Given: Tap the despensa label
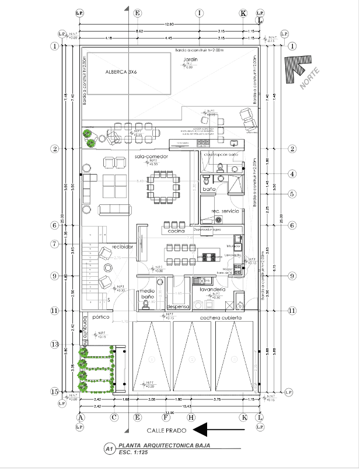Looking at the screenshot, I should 178,307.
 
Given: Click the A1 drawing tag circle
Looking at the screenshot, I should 108,448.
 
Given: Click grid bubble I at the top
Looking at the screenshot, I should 199,12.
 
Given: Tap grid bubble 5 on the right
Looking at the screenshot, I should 292,194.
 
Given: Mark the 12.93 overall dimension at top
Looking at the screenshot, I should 169,24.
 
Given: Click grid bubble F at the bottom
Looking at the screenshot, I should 166,417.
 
